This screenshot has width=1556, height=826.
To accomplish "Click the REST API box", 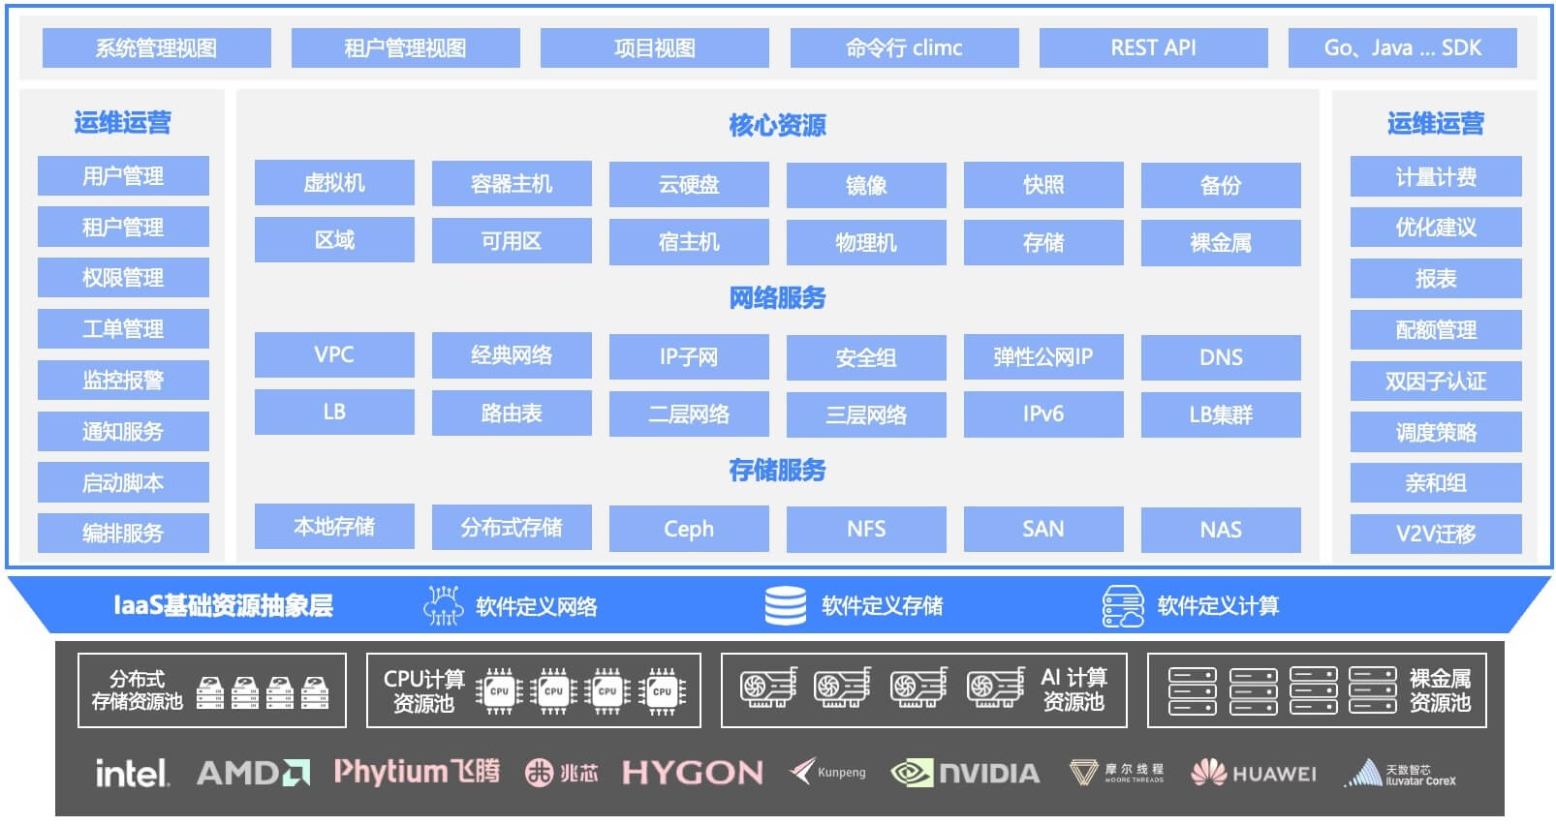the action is tap(1153, 47).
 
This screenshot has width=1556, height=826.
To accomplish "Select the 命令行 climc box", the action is tap(904, 47).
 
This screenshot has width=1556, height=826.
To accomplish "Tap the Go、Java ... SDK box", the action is tap(1403, 47).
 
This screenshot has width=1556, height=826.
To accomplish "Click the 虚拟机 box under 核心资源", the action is tap(334, 183).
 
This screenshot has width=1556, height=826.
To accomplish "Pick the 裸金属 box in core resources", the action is tap(1221, 243).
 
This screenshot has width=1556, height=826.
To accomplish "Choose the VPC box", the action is tap(334, 354).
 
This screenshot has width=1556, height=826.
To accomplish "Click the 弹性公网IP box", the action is tap(1043, 356).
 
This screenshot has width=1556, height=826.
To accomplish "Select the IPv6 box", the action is tap(1043, 414).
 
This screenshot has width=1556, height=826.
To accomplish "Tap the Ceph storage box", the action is tap(689, 529).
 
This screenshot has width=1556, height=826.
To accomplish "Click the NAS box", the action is tap(1221, 531).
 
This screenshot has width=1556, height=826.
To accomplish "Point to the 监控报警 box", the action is tap(123, 380).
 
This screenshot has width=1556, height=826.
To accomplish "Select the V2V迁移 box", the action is tap(1436, 534).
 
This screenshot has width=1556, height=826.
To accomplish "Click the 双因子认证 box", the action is tap(1436, 382).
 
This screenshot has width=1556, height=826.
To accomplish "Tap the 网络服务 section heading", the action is tap(777, 298).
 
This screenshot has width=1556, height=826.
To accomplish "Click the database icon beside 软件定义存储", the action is tap(785, 605).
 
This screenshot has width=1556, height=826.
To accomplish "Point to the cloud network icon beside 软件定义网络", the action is tap(443, 605).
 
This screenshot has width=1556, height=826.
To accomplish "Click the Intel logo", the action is tap(132, 773).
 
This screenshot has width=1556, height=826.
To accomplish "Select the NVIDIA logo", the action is tap(966, 773).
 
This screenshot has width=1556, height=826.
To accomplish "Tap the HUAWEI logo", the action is tap(1253, 773).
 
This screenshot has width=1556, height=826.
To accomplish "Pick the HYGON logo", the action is tap(693, 773).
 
